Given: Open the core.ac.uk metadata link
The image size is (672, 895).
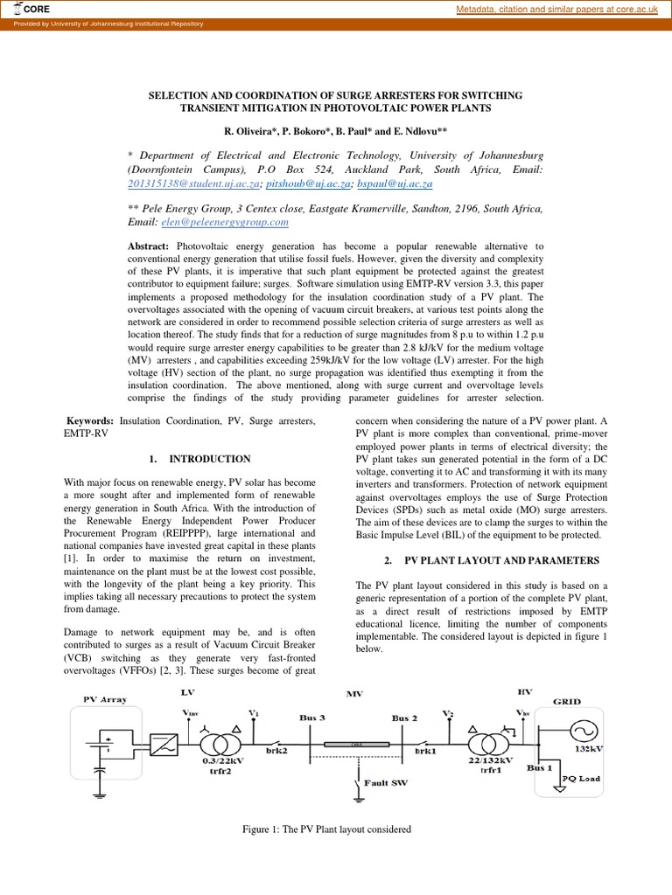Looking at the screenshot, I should point(561,10).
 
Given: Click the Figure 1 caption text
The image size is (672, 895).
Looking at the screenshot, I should point(326,829).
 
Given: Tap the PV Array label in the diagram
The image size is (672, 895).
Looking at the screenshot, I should point(104,699).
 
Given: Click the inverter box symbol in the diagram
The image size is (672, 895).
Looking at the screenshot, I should point(164,744).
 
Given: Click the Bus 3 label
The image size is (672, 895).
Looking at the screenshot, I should point(312,718).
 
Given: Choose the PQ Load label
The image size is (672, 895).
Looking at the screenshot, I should point(581,778).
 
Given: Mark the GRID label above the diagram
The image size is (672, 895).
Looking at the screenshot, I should point(566,701).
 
